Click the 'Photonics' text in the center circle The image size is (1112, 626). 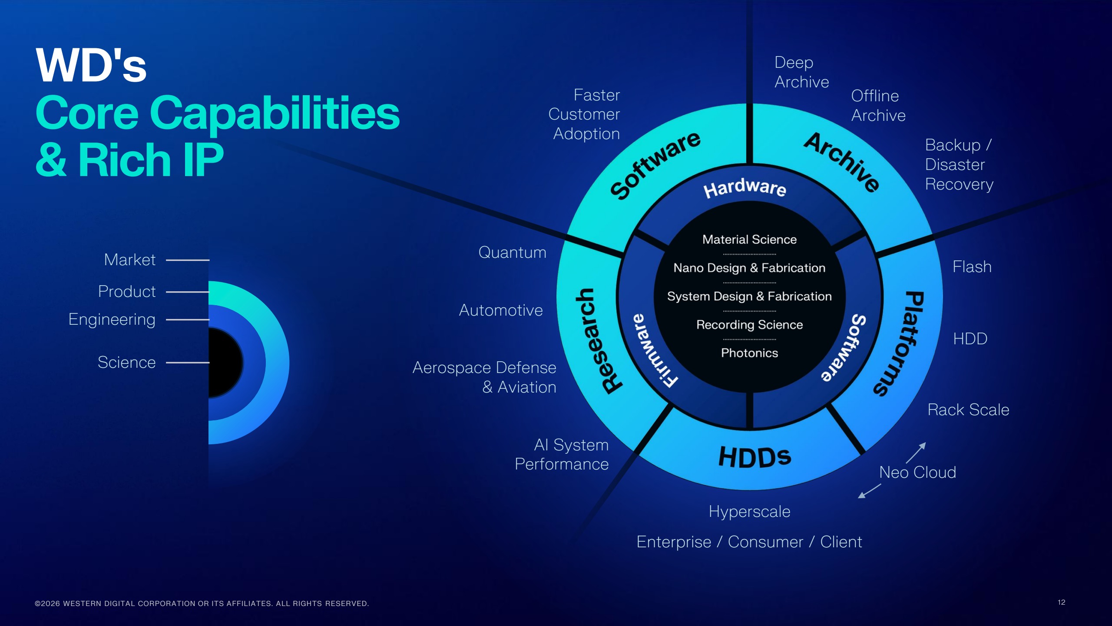749,353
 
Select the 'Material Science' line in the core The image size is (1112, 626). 749,240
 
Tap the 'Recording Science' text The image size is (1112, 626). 749,325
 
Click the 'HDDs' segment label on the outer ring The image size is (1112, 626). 755,457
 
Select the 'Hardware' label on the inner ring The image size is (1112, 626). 745,188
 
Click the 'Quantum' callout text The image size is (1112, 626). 512,253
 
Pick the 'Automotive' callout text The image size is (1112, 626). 500,310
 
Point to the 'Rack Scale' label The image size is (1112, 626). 968,410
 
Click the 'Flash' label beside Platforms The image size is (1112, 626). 972,267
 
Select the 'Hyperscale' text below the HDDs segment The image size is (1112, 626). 749,512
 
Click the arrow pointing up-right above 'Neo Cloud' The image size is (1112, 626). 916,453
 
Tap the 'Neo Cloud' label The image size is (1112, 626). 917,473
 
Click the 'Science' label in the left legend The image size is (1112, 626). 126,363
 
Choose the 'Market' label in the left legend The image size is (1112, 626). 129,260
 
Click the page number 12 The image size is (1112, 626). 1061,602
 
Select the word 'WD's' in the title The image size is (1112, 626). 91,66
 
